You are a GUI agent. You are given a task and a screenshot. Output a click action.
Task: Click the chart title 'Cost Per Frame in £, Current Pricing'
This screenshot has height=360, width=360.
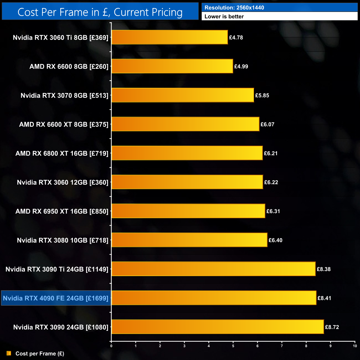tap(100, 12)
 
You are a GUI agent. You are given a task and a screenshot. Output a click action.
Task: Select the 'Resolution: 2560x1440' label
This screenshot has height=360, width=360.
tap(234, 8)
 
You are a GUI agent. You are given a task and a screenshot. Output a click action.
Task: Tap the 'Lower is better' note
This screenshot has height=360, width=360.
tap(224, 17)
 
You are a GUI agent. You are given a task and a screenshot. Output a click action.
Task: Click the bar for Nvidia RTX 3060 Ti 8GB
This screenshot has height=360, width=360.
tap(169, 37)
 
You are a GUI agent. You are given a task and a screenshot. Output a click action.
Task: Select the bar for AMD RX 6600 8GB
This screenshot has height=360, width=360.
tap(172, 66)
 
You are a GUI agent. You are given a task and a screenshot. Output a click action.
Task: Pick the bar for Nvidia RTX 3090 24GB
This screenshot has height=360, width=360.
tap(217, 327)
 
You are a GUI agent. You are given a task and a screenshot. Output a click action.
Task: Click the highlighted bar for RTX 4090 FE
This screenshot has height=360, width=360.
tap(214, 298)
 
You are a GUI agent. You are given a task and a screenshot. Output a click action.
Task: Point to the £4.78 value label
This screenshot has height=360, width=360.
tap(236, 38)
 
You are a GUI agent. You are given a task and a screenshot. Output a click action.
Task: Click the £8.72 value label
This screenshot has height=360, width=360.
tap(332, 327)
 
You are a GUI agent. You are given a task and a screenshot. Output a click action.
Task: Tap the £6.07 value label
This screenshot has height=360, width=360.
tap(267, 125)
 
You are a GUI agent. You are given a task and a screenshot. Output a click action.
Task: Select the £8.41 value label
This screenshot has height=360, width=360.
tap(324, 298)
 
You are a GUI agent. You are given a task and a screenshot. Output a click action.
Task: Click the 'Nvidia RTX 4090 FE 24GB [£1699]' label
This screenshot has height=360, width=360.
tap(56, 298)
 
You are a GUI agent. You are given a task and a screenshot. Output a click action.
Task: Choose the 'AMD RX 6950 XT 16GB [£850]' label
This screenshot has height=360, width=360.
tap(62, 211)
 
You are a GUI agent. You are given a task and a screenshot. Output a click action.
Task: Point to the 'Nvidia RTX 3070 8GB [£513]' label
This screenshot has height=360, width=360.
tap(64, 96)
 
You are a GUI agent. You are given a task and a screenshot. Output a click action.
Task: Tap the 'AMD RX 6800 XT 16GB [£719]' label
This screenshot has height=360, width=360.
tap(62, 153)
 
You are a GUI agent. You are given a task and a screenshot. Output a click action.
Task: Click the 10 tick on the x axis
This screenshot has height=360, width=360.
tap(355, 346)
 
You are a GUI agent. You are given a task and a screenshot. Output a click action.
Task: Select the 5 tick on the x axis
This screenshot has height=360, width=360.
tap(233, 346)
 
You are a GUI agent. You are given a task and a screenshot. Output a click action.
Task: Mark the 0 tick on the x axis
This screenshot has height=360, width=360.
tap(111, 346)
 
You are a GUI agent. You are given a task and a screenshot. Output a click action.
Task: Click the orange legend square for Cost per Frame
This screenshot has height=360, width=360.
tap(9, 353)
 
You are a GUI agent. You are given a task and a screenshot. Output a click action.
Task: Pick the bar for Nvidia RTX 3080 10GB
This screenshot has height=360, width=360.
tap(189, 240)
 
